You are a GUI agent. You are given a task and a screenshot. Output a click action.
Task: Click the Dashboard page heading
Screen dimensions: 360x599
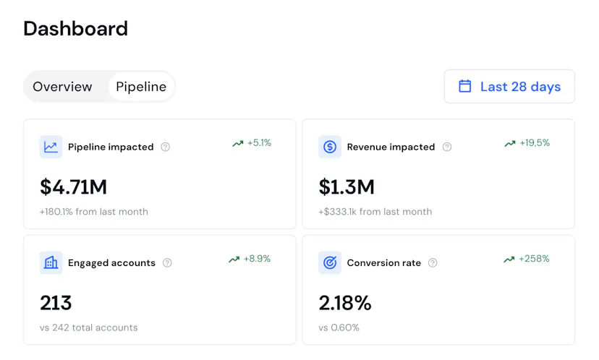point(75,29)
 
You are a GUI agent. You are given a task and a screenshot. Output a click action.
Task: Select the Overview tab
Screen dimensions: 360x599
point(62,87)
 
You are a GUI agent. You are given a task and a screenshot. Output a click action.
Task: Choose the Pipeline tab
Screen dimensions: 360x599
point(141,87)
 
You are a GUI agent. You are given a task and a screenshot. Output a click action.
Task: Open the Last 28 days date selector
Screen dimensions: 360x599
point(509,87)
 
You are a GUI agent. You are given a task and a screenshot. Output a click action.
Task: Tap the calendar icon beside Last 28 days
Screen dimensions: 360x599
point(465,87)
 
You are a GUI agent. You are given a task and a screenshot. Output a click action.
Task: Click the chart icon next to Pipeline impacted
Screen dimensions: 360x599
point(51,147)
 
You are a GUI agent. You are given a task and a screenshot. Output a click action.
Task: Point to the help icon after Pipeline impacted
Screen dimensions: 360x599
point(165,147)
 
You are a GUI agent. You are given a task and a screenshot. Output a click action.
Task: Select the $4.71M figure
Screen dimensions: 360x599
point(73,187)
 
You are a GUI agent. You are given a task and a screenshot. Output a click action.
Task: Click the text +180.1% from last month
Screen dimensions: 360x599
point(94,212)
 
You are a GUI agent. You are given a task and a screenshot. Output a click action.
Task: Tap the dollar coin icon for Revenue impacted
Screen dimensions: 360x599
point(330,147)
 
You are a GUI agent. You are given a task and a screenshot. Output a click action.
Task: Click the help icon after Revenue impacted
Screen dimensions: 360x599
point(447,147)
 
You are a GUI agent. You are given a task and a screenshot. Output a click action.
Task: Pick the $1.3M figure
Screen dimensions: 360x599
point(347,187)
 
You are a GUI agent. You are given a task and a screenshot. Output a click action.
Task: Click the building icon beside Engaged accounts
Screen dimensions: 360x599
point(51,262)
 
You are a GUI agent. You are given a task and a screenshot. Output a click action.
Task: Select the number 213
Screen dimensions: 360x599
point(56,303)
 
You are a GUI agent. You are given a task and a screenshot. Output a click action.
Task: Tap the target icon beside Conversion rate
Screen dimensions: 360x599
point(330,262)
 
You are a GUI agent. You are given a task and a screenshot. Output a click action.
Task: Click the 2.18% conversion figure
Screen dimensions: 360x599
point(345,303)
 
